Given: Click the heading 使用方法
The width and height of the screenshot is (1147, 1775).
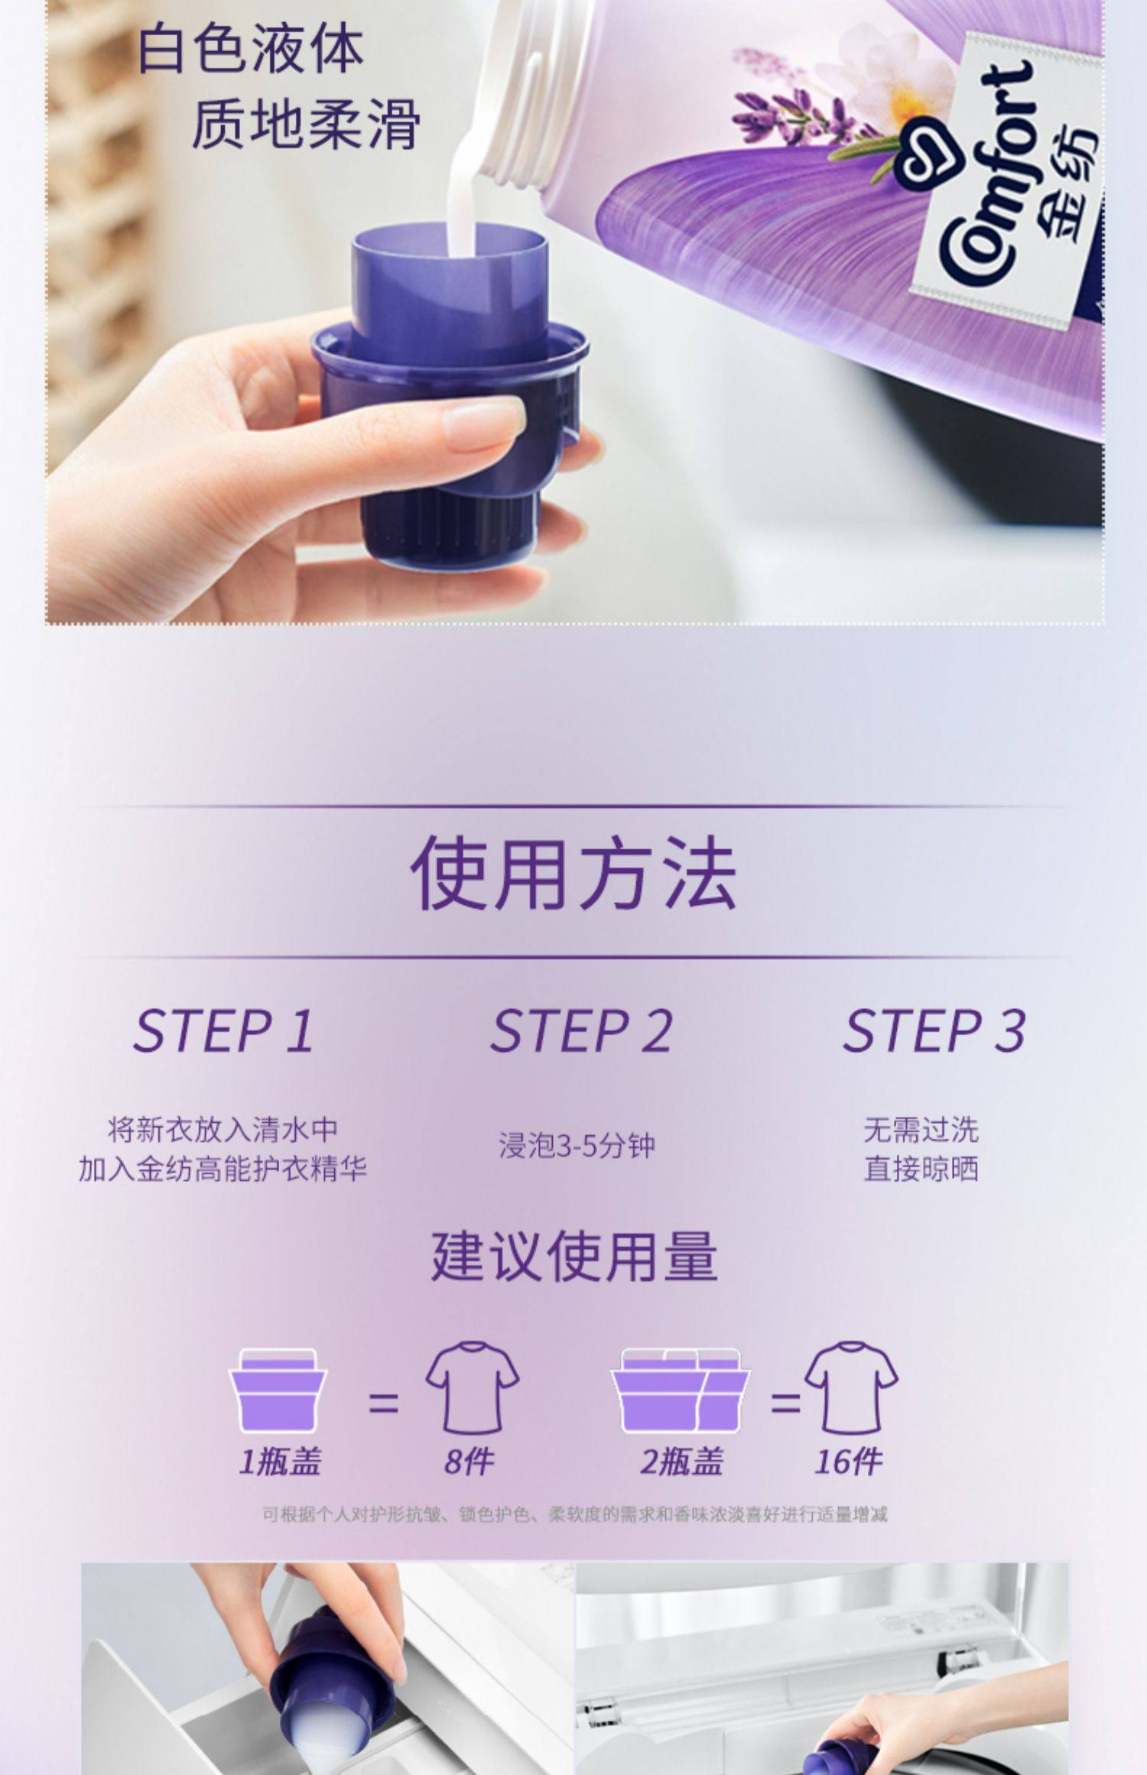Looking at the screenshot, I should pos(573,872).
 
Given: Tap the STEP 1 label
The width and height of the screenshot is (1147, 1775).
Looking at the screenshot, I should pos(223,1031).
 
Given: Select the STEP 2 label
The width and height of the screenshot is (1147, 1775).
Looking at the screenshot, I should pos(581,1031).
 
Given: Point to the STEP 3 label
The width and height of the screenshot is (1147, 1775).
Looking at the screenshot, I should pos(934,1031).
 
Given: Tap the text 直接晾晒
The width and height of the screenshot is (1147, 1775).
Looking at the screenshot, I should pos(921,1170).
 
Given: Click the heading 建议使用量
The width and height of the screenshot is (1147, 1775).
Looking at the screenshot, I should pos(573,1257).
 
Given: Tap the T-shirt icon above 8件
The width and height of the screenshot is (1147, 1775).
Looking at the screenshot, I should pos(472,1387).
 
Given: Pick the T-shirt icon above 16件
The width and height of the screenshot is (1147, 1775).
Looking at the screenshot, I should pos(850,1387).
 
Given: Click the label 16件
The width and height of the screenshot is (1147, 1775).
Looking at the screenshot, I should pos(848,1462).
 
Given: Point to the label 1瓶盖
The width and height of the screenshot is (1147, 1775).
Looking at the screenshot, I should pos(280,1462).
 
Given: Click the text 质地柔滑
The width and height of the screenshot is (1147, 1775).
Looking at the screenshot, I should pos(305,124).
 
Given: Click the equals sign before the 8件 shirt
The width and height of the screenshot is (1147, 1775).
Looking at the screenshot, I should pos(383,1403).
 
